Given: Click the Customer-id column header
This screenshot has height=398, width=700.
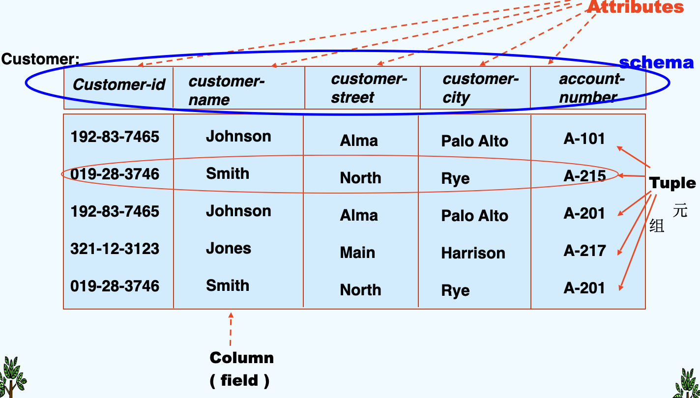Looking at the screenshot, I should pyautogui.click(x=119, y=85).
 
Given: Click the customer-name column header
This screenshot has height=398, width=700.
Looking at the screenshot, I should pyautogui.click(x=226, y=90).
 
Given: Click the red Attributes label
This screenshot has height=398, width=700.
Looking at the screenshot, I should pyautogui.click(x=636, y=7).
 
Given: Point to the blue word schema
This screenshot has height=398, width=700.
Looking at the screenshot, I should pyautogui.click(x=656, y=63).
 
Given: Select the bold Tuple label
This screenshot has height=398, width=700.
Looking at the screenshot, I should pyautogui.click(x=672, y=183).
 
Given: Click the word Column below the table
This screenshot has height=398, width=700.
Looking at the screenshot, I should pyautogui.click(x=241, y=358).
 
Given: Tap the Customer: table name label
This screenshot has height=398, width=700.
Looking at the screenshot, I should pyautogui.click(x=40, y=59).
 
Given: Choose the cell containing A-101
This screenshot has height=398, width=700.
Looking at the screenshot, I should pyautogui.click(x=584, y=139).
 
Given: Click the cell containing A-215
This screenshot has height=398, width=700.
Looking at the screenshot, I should pyautogui.click(x=584, y=176).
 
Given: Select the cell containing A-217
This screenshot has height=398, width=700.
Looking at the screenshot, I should pyautogui.click(x=584, y=251).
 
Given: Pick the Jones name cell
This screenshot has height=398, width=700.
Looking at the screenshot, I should pyautogui.click(x=228, y=248).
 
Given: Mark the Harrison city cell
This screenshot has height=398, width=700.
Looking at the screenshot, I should pyautogui.click(x=473, y=253).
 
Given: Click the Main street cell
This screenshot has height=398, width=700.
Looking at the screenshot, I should pyautogui.click(x=357, y=253).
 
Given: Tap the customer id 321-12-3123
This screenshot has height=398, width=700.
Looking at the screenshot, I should pyautogui.click(x=115, y=249).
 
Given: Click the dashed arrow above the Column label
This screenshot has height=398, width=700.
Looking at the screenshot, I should pyautogui.click(x=231, y=329).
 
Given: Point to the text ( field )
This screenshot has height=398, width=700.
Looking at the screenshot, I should pyautogui.click(x=239, y=380).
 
